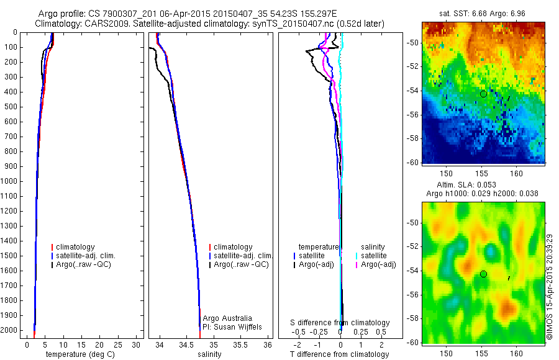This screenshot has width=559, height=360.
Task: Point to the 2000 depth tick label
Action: pos(9,331)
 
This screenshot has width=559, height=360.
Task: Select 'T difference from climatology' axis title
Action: pos(339,354)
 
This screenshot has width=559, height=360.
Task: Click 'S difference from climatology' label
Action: pos(340,323)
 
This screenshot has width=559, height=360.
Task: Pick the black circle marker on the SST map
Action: pos(483,94)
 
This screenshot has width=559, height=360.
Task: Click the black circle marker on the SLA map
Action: pos(483,274)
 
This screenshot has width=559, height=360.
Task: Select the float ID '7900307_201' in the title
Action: pos(126,14)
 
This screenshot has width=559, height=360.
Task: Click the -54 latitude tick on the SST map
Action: pos(414,91)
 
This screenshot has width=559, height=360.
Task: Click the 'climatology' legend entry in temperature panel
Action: pos(78,247)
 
